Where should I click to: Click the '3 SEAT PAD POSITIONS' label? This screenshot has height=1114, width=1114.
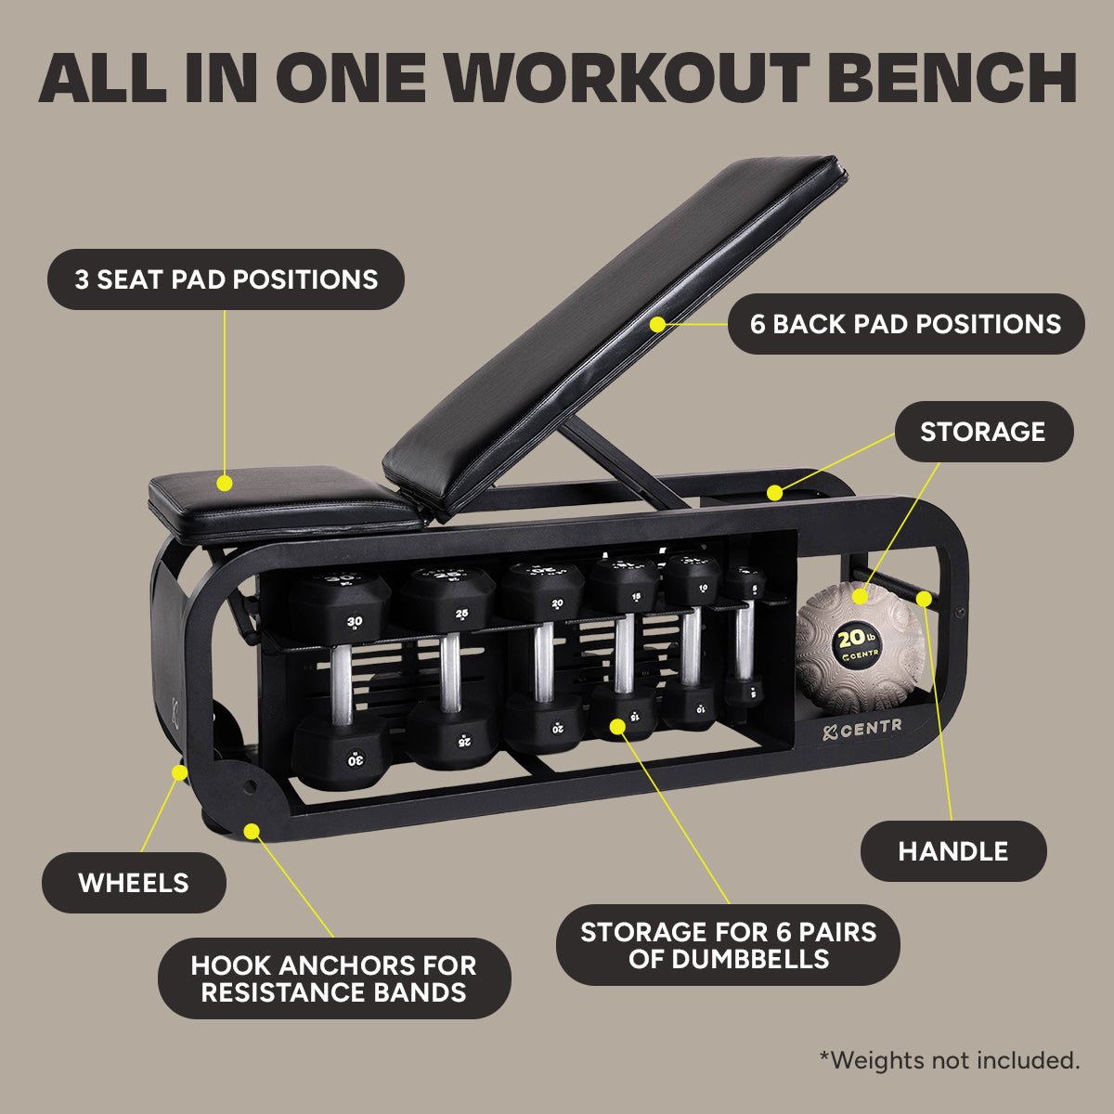(x=226, y=279)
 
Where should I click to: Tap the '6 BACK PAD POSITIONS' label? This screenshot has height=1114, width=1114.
(x=905, y=324)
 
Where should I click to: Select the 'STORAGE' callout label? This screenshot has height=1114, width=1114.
(x=982, y=432)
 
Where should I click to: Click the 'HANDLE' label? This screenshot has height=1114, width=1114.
(x=952, y=851)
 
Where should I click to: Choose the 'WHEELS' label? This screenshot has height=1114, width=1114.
(x=134, y=883)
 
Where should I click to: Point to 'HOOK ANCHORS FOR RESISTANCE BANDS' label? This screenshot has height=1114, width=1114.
(x=333, y=978)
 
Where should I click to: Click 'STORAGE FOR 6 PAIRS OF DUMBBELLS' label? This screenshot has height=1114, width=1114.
(x=728, y=945)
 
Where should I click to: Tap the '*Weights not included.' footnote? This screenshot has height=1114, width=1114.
(x=949, y=1060)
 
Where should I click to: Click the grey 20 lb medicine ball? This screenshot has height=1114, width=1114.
(x=859, y=646)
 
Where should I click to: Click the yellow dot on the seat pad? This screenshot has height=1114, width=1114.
(x=224, y=483)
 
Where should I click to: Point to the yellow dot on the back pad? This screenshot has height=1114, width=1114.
(x=657, y=324)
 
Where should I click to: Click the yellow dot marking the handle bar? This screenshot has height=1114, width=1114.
(x=924, y=599)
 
